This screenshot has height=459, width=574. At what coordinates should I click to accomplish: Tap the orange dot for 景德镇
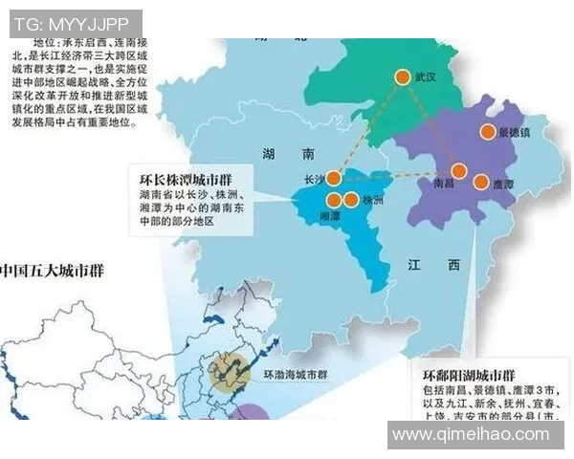pos(488,132)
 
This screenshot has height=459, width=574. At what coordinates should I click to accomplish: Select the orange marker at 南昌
pos(459,171)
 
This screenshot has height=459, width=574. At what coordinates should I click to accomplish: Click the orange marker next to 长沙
pos(334,178)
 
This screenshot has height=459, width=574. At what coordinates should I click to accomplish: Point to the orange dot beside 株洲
pos(351,200)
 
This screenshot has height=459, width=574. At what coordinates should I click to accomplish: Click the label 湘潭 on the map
pos(329,217)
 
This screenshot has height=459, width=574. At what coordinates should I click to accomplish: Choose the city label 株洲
pos(373,201)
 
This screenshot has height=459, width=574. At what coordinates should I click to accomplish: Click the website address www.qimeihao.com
pos(472,435)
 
